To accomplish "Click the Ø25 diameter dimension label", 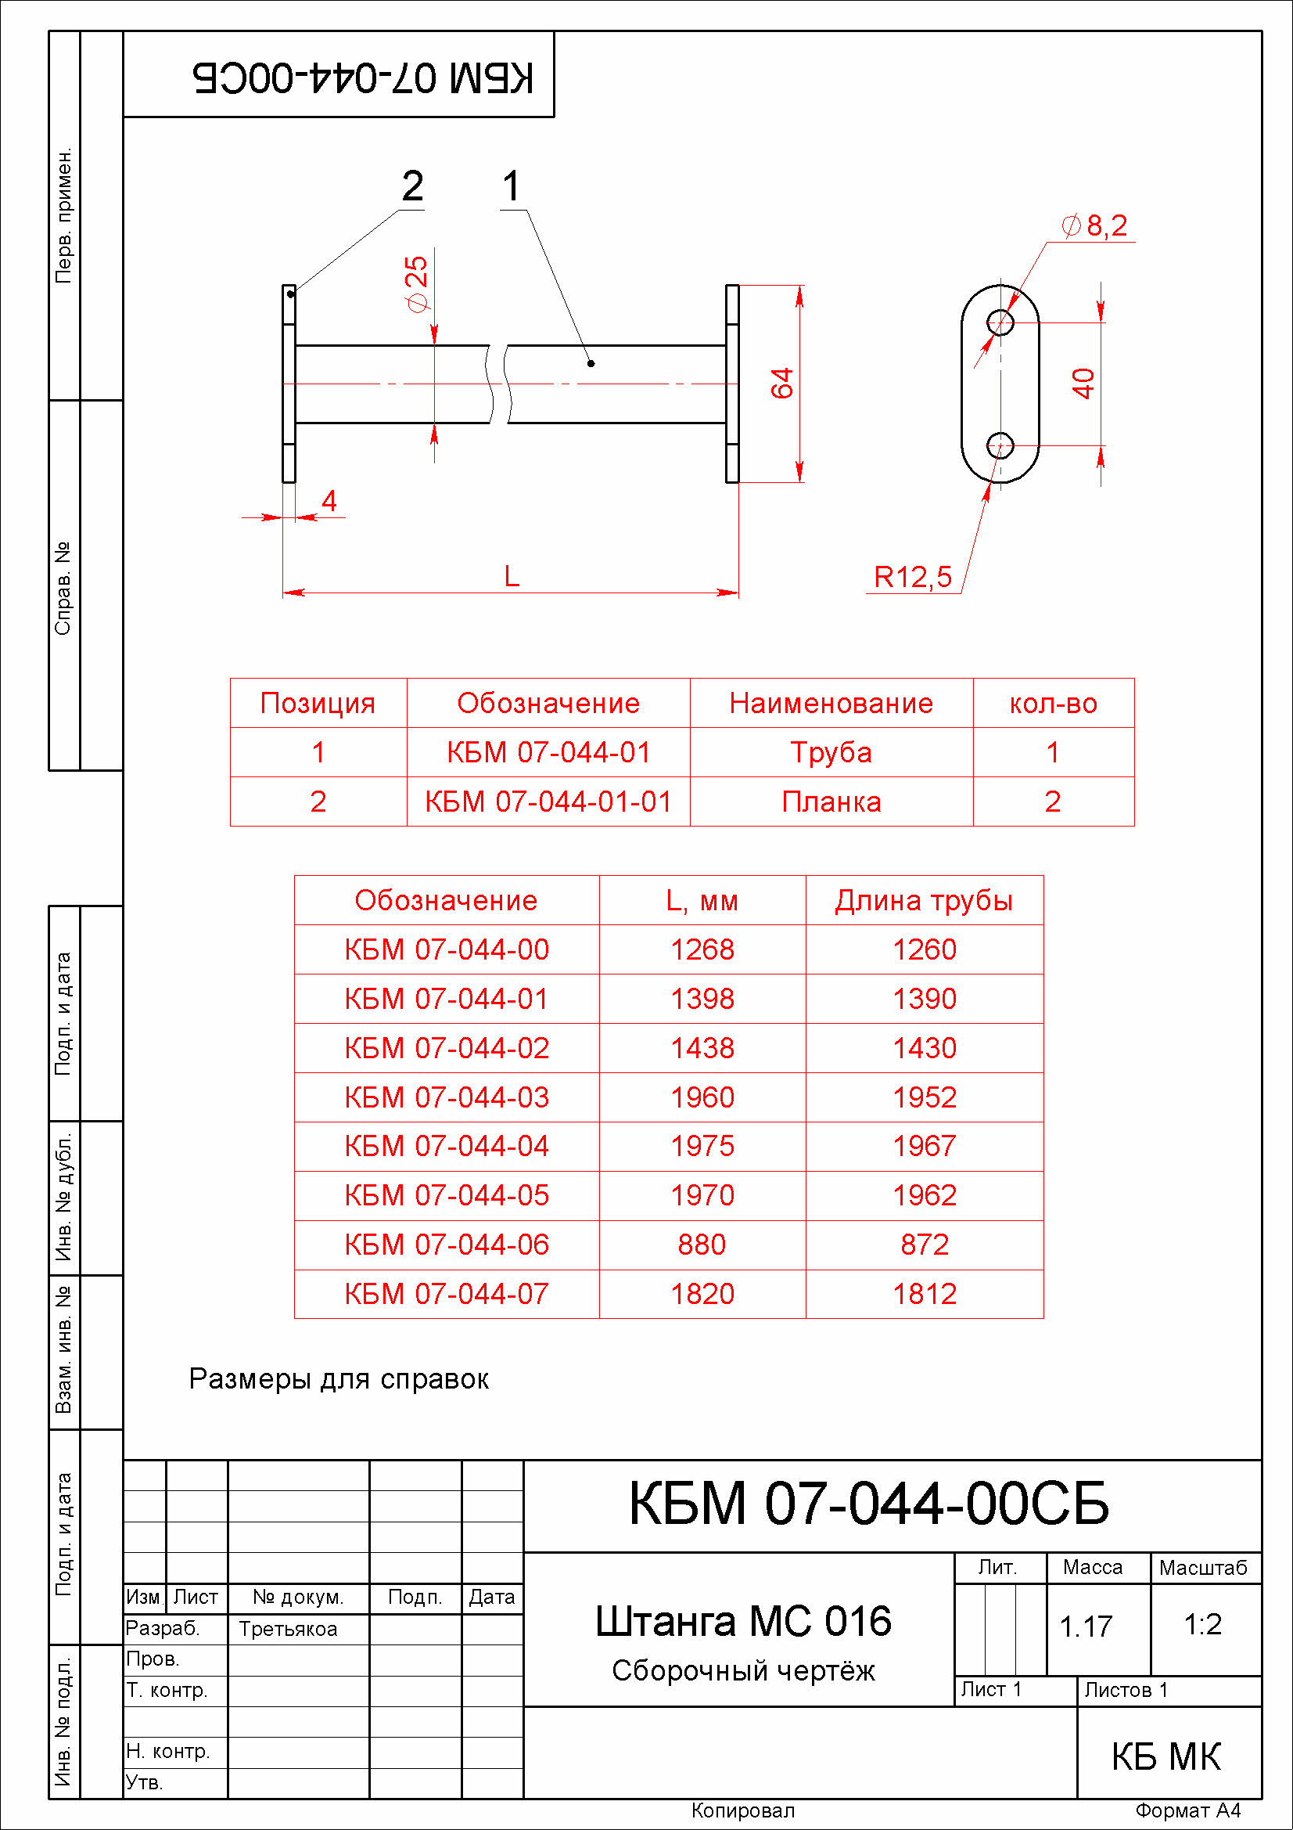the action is pos(417,284).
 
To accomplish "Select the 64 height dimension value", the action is pos(782,384).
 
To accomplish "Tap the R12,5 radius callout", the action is pos(912,576).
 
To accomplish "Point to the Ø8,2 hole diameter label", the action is pos(1095,225).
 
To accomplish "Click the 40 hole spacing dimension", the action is pos(1083,384).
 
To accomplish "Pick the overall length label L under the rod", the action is pos(512,575).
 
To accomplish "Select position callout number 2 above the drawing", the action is pos(412,186).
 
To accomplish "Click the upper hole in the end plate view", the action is pos(1000,322).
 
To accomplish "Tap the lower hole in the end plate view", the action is pos(1000,445).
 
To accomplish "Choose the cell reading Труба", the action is pos(831,752).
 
